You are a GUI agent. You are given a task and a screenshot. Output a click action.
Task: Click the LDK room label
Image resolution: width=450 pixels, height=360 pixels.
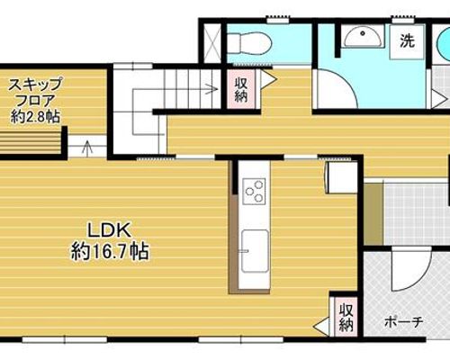pyautogui.click(x=109, y=230)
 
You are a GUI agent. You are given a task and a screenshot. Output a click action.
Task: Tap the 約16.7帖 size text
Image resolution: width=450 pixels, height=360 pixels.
pyautogui.click(x=110, y=251)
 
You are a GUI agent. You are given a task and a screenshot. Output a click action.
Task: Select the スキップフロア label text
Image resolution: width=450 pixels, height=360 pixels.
pyautogui.click(x=35, y=92)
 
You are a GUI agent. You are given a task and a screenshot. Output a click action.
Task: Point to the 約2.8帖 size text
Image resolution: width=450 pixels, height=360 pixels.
pyautogui.click(x=35, y=116)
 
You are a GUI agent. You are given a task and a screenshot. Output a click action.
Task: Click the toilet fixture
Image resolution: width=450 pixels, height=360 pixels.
pyautogui.click(x=249, y=44)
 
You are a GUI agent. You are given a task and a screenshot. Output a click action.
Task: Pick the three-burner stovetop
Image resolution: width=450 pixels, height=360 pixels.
pyautogui.click(x=254, y=192)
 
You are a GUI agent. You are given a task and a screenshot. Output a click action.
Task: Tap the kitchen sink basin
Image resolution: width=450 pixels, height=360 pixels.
pyautogui.click(x=255, y=251)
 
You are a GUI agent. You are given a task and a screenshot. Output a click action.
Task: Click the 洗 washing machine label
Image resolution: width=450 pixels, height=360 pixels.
pyautogui.click(x=407, y=40)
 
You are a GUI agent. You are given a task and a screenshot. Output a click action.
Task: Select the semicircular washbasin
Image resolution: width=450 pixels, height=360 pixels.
pyautogui.click(x=364, y=37)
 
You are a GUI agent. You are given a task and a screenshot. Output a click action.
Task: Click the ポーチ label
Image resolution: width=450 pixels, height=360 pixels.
pyautogui.click(x=404, y=322)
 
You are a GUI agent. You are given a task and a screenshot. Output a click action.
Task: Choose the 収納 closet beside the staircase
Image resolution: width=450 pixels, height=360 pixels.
pyautogui.click(x=241, y=89)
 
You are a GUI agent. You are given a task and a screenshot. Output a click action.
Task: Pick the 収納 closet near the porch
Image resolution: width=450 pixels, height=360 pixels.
pyautogui.click(x=346, y=317)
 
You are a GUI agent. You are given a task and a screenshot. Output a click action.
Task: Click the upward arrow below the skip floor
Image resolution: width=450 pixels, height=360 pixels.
pyautogui.click(x=87, y=148)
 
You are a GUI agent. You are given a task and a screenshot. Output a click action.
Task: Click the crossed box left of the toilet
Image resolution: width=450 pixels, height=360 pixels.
pyautogui.click(x=212, y=44)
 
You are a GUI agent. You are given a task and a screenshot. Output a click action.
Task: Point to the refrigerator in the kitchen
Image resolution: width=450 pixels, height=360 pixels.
pyautogui.click(x=342, y=177)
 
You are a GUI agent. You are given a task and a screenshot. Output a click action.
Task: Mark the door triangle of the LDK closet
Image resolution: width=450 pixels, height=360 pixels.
pyautogui.click(x=321, y=327)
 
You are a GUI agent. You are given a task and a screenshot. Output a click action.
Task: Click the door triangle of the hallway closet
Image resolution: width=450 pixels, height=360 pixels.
pyautogui.click(x=268, y=79)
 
